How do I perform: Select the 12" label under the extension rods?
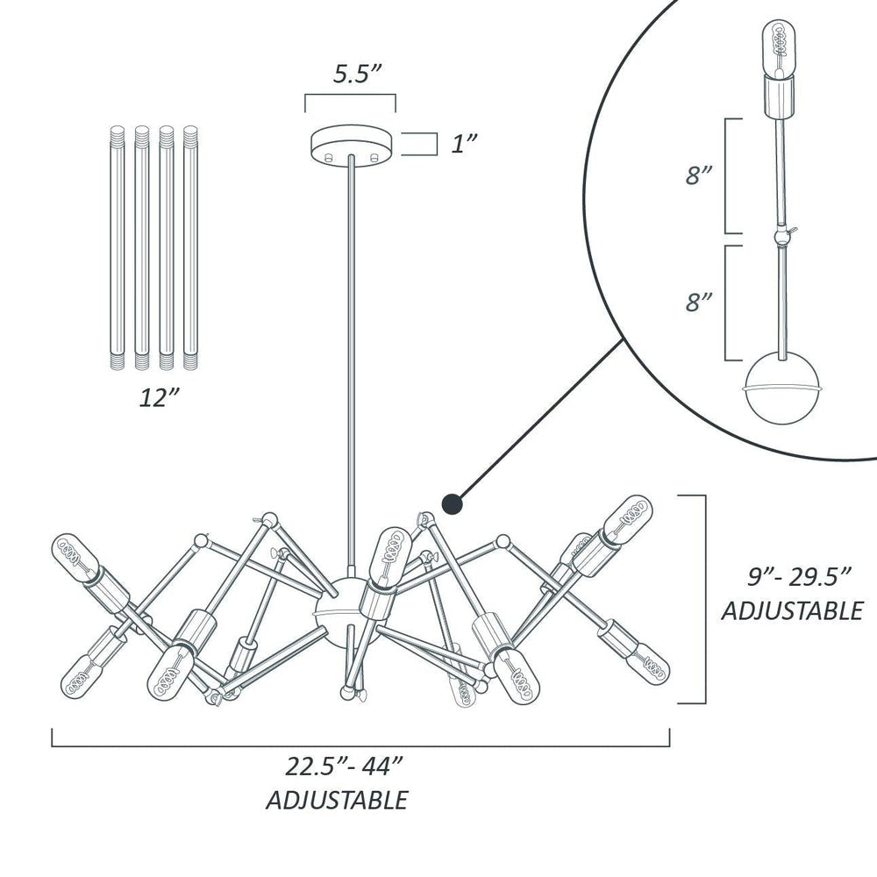click(159, 397)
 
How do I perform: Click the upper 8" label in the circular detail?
click(699, 175)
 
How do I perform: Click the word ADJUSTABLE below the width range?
click(337, 800)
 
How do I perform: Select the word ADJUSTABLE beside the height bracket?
click(792, 610)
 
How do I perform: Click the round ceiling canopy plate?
click(351, 144)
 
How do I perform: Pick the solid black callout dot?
click(453, 503)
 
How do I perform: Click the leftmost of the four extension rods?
click(118, 246)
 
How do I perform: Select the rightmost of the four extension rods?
click(190, 246)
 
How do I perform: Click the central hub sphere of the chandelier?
click(336, 605)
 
